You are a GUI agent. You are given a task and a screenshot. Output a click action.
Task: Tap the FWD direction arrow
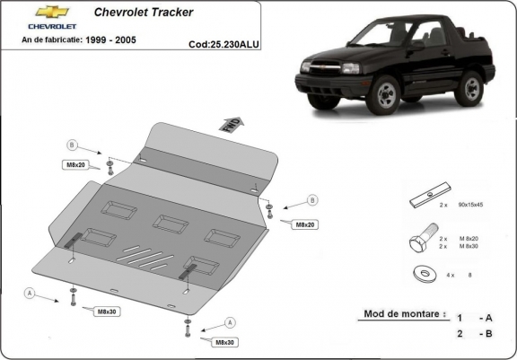click(x=231, y=125)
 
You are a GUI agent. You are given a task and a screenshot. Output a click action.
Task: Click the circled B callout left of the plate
click(x=72, y=145)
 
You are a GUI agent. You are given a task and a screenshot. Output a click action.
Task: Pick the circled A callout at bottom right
click(x=230, y=322)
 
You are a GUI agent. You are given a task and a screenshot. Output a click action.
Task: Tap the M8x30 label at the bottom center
click(x=225, y=342)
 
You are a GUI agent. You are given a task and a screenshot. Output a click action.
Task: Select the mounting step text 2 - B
click(x=473, y=334)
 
